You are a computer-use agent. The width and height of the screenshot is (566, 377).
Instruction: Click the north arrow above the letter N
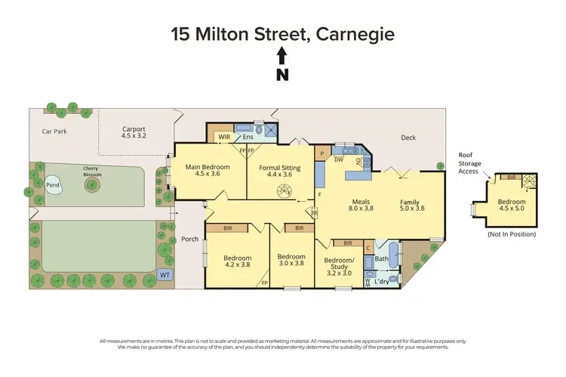point(282,55)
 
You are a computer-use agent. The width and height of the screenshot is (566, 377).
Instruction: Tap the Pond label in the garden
point(53,185)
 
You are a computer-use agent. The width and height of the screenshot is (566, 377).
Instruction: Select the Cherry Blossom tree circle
point(93,184)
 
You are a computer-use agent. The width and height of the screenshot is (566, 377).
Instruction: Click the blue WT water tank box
point(165,275)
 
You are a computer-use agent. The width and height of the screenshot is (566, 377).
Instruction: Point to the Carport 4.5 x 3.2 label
point(134,133)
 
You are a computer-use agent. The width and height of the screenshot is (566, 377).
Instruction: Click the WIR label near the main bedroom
point(223,137)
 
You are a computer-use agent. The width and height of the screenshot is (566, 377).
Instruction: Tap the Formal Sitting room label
point(284,171)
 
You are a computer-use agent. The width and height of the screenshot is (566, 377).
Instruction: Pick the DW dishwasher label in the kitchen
point(339,160)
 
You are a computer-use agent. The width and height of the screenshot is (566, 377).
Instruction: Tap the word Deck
point(408,138)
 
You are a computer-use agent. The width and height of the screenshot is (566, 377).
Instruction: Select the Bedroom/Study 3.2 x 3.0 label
point(338,265)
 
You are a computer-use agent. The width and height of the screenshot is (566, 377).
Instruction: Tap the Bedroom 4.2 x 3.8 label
point(237,261)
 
